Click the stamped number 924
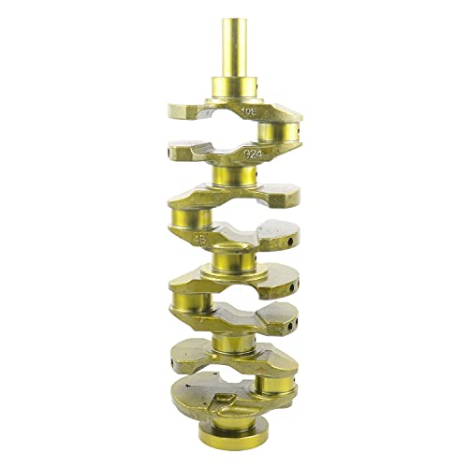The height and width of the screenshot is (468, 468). click(252, 154)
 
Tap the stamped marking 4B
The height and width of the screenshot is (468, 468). click(200, 238)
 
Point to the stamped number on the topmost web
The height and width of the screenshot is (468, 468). click(248, 111)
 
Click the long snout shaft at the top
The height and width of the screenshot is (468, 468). click(233, 51)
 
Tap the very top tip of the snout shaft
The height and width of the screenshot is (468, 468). click(233, 20)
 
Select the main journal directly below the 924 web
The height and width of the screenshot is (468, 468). click(233, 175)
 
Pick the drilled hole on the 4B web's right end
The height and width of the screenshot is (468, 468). click(290, 241)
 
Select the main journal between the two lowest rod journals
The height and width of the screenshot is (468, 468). click(233, 345)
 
